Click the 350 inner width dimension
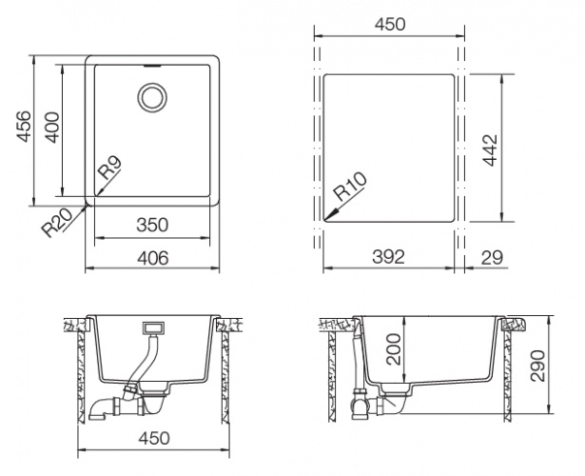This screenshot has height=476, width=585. click(152, 226)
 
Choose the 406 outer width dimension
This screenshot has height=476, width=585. click(152, 257)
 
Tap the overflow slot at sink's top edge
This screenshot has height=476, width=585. click(152, 67)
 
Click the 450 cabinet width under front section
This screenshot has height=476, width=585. click(153, 438)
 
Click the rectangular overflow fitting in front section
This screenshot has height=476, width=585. click(152, 329)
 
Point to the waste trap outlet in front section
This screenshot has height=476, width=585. click(99, 411)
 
